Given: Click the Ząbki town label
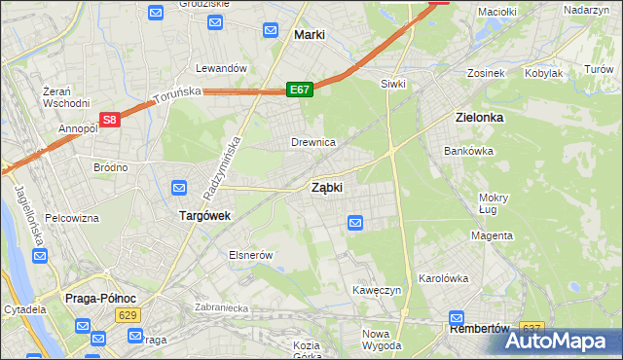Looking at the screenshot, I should tap(326, 187).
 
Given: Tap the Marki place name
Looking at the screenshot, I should tap(309, 35).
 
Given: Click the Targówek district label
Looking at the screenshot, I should tap(203, 216).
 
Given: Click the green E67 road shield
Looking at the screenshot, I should tap(299, 90).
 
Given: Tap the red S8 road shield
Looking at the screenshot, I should tap(110, 120).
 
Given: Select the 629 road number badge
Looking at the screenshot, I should tap(126, 315).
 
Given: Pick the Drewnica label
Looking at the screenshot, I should tap(313, 142).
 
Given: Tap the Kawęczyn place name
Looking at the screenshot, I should tap(379, 290).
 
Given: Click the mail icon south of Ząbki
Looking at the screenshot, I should tap(355, 224).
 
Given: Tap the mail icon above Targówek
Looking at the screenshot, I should tap(179, 188).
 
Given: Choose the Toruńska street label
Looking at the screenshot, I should tap(176, 94).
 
